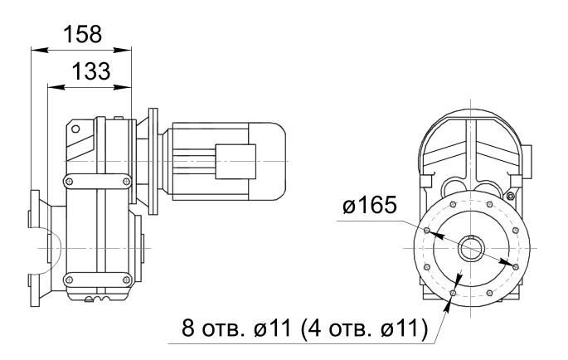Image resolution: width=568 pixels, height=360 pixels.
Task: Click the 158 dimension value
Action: pyautogui.click(x=83, y=35)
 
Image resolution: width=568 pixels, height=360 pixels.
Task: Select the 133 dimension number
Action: pyautogui.click(x=91, y=71)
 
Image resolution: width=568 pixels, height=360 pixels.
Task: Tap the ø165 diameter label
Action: pyautogui.click(x=370, y=205)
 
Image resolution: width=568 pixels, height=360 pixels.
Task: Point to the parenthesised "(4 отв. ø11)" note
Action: pyautogui.click(x=364, y=328)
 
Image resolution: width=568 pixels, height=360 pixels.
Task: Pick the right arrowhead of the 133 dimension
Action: pyautogui.click(x=122, y=87)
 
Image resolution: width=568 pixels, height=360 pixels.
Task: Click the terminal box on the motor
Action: pyautogui.click(x=235, y=161)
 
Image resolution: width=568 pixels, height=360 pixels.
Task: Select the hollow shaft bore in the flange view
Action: pyautogui.click(x=470, y=248)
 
